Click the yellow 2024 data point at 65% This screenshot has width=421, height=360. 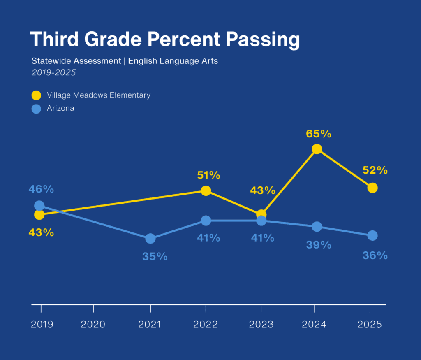317,149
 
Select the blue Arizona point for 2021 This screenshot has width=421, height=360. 150,238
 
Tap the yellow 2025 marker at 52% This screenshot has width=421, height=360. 372,188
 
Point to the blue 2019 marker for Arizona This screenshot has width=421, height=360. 39,206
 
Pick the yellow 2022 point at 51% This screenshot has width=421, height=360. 206,191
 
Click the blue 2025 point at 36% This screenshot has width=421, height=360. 372,235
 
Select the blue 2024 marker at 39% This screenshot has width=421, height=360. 317,226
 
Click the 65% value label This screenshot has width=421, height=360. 319,134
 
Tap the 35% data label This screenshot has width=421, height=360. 155,256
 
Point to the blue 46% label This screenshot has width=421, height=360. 42,189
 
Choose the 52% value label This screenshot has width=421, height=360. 375,170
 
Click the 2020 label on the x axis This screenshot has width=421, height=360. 93,324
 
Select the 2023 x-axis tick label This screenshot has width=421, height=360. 261,324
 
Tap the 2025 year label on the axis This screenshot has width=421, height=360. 370,324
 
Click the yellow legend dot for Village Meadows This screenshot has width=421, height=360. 36,95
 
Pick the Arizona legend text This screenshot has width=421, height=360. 60,108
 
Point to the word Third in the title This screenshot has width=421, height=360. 54,39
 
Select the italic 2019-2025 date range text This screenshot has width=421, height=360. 53,72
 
